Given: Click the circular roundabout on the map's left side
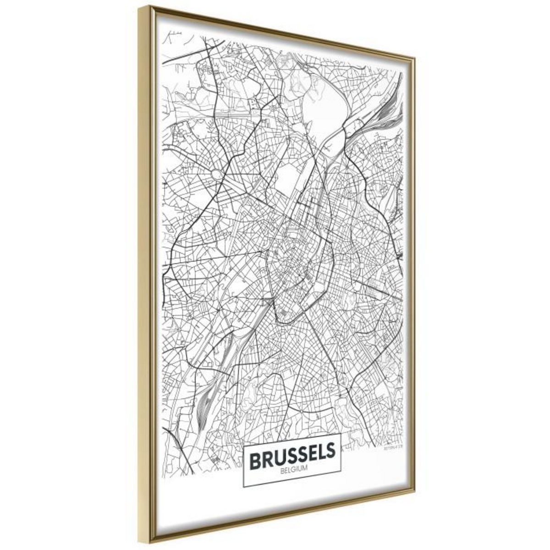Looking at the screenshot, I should [216, 175].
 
